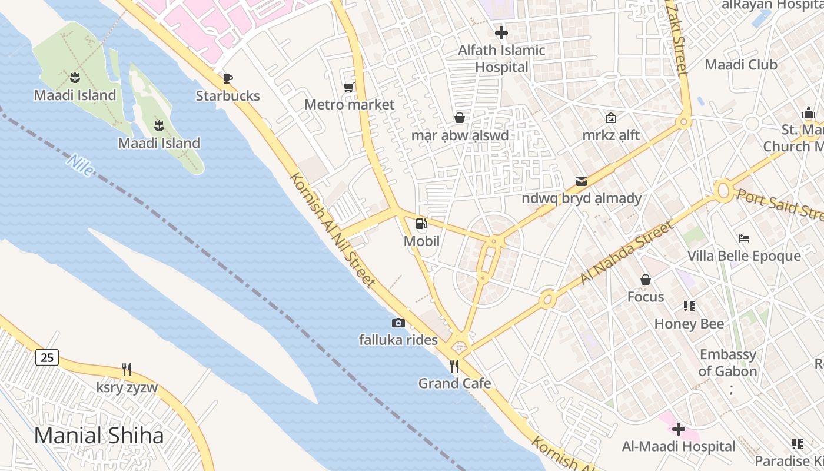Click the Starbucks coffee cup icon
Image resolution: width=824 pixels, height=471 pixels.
228,78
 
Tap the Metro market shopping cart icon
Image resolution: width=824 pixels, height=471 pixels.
348,88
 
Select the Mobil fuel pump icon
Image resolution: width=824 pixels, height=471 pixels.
421,223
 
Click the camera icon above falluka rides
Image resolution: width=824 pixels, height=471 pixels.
398,323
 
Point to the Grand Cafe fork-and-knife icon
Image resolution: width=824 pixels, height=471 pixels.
454,366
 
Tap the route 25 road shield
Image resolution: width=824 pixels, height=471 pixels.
47,357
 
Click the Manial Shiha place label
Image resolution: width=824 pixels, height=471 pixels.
99,436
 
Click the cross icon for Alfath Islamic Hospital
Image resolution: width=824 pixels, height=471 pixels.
501,33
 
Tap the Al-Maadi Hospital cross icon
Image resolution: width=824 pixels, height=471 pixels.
679,429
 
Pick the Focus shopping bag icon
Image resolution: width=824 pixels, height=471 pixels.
646,280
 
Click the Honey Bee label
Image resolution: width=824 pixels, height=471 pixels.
689,323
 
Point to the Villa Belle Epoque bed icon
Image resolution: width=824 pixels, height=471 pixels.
744,238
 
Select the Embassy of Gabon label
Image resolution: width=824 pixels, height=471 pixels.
727,363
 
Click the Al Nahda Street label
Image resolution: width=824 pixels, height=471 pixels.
626,252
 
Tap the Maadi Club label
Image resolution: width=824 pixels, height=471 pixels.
741,65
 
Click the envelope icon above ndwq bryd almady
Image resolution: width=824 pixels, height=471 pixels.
582,181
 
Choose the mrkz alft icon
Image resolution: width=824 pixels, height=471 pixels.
611,118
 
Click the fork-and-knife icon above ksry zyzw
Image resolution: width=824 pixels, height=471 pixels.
127,370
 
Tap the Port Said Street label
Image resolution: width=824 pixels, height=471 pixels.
780,204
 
